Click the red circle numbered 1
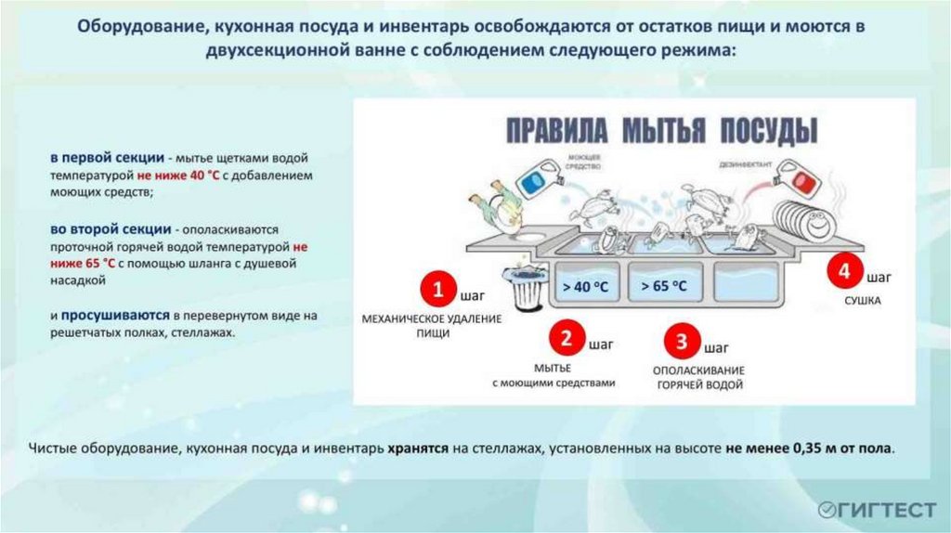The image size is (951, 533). (x=436, y=290)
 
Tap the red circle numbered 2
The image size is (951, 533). (x=566, y=339)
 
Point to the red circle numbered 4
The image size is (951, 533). (x=843, y=271)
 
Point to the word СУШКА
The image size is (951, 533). (x=862, y=302)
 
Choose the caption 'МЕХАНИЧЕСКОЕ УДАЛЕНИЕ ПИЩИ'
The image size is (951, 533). (x=432, y=326)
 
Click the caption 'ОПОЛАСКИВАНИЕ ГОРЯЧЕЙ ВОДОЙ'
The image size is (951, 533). (x=699, y=376)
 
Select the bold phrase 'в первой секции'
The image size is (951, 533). (x=96, y=158)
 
